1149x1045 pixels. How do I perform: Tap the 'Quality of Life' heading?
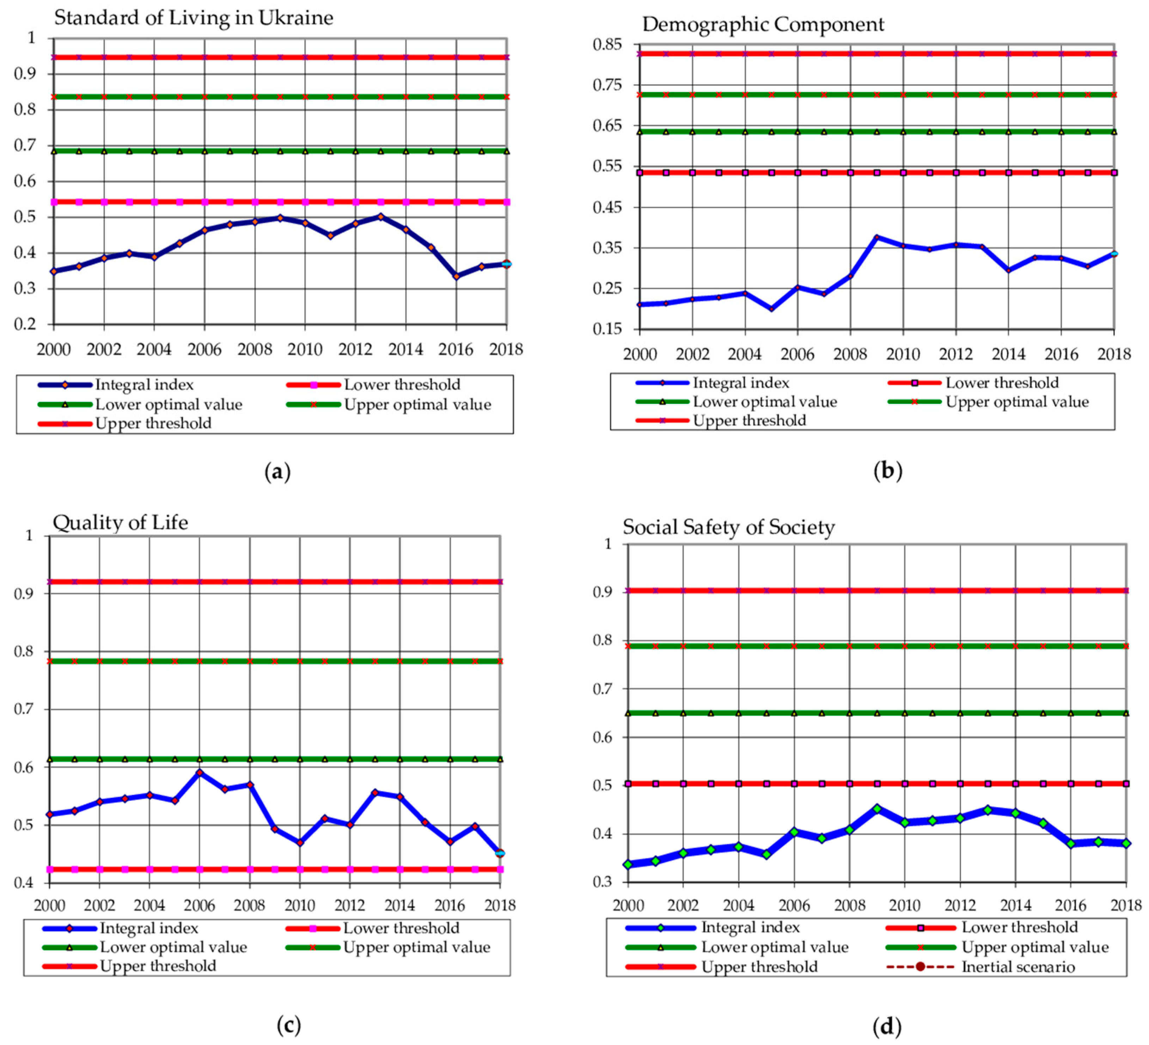120,522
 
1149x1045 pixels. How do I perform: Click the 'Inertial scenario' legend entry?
1017,967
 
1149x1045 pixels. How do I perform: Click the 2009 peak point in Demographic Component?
876,237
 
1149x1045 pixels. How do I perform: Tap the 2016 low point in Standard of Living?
456,276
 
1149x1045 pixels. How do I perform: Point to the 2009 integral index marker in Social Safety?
877,809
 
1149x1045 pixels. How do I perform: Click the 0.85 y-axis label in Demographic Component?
607,44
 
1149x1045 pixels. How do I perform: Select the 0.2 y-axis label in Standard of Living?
25,324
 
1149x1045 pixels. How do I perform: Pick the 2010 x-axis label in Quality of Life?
300,905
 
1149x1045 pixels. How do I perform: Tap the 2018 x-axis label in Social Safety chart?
1126,905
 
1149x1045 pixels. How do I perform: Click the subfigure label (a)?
277,472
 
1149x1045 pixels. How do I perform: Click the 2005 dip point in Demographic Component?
771,309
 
